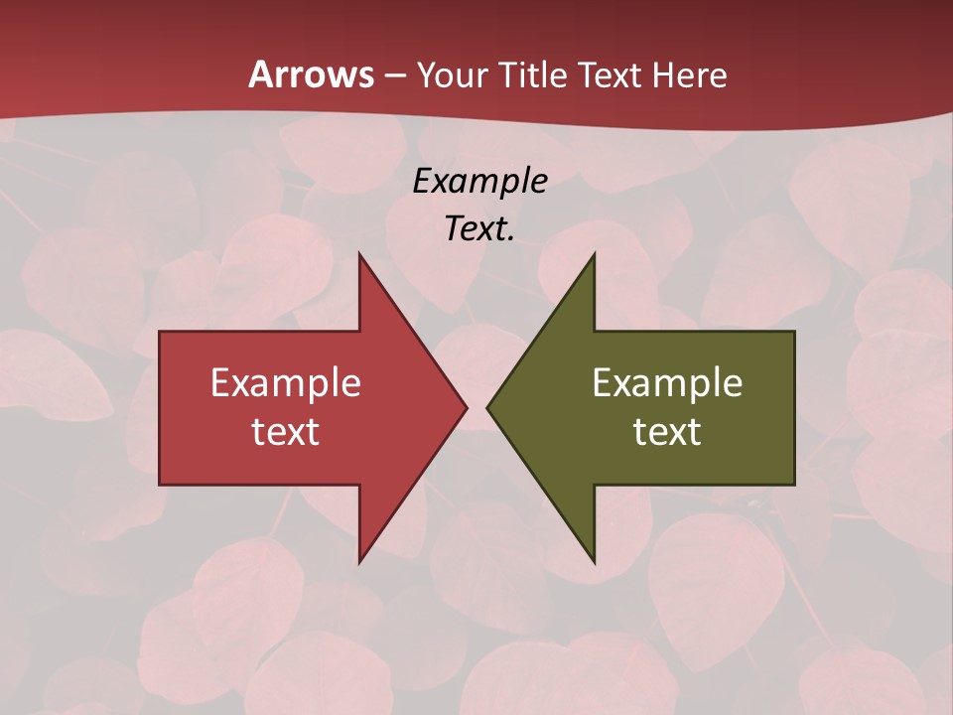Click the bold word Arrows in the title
311,74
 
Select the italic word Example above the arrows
479,182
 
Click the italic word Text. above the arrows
479,229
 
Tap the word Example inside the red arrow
286,383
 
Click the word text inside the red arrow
286,432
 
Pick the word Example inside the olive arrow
667,383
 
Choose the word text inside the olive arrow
667,432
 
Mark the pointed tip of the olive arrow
488,407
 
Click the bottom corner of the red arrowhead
359,561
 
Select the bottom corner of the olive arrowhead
594,561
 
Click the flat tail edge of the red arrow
160,408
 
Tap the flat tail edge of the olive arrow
794,408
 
